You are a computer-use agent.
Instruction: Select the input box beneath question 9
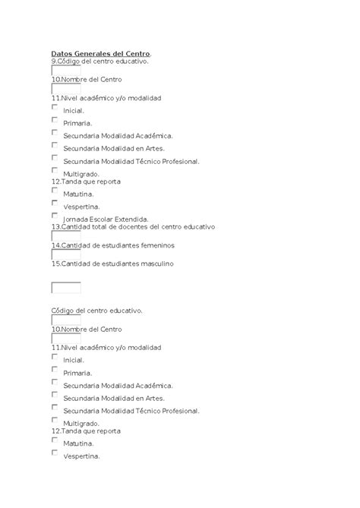[x=65, y=70]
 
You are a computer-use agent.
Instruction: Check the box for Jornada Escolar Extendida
[x=55, y=215]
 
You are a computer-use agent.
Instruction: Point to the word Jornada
[x=76, y=219]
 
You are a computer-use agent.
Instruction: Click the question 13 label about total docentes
[x=133, y=226]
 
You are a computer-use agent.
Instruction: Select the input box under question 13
[x=65, y=235]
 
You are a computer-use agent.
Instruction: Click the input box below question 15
[x=65, y=287]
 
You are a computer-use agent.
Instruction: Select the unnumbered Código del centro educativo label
[x=96, y=311]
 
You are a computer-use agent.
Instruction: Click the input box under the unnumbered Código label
[x=65, y=319]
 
